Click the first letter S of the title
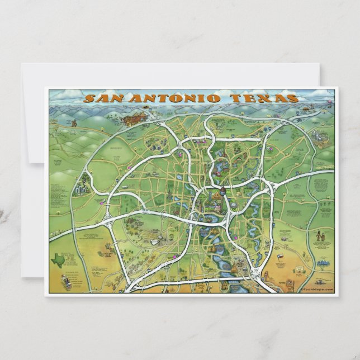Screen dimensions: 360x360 coord(88,100)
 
